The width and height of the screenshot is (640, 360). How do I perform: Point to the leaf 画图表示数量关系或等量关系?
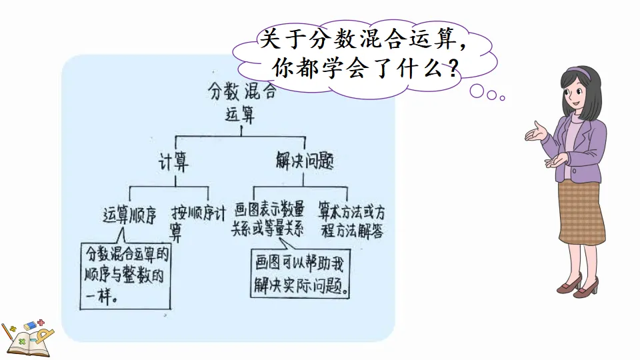[x=268, y=220]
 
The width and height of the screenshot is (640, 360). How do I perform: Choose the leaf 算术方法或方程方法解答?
[x=351, y=221]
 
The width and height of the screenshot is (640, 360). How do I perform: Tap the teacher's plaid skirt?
[x=581, y=213]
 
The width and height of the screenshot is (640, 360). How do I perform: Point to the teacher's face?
[x=575, y=93]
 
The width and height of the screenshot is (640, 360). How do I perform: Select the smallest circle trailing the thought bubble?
[x=503, y=98]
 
